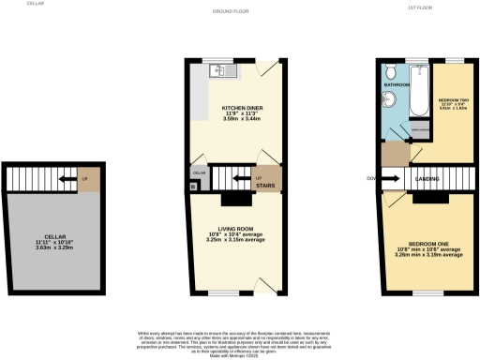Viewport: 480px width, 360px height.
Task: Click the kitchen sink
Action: [x=222, y=68]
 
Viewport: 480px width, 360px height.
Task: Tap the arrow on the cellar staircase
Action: [x=63, y=176]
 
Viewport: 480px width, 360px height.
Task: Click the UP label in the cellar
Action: [x=85, y=177]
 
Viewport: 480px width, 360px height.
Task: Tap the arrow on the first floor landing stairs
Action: [x=397, y=176]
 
